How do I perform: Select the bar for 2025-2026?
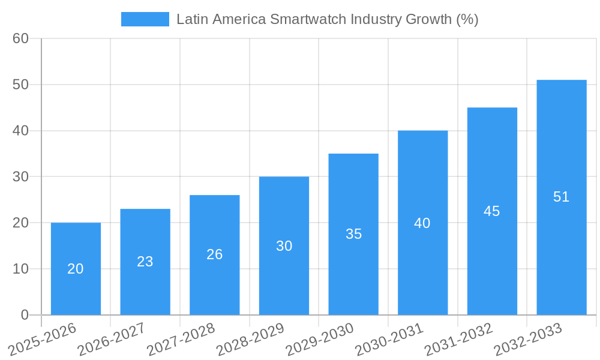(x=76, y=269)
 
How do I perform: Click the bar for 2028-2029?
(x=284, y=245)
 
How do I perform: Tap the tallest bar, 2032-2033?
(x=561, y=197)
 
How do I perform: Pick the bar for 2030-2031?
(x=422, y=223)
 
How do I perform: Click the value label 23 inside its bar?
(x=145, y=262)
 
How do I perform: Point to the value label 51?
(x=561, y=197)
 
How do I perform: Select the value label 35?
(x=353, y=234)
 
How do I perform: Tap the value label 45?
(x=492, y=211)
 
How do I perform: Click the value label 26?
(x=215, y=254)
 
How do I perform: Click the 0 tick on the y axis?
(x=25, y=315)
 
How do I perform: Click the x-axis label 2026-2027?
(x=112, y=339)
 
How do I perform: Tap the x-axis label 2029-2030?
(x=320, y=339)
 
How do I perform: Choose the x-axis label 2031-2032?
(x=459, y=339)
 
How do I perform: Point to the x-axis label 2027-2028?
(x=181, y=339)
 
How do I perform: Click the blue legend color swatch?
(x=145, y=19)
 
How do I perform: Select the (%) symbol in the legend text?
(x=467, y=19)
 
